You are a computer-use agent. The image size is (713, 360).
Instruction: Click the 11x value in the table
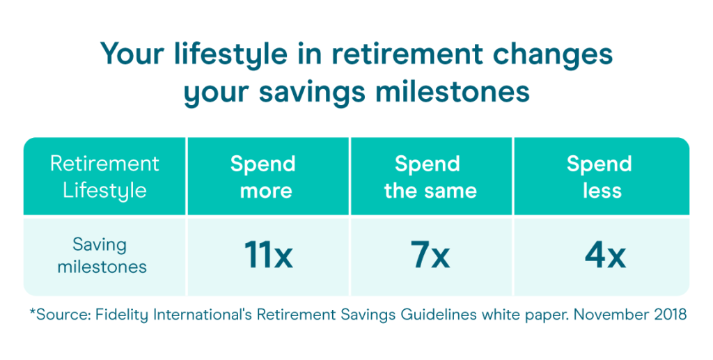coord(268,255)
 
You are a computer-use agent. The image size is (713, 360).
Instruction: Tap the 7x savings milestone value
coord(430,255)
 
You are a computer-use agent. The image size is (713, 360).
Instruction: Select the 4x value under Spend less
coord(605,255)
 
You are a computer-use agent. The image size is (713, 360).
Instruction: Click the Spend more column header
coord(263,178)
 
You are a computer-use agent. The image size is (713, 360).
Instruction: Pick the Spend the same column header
coord(430,178)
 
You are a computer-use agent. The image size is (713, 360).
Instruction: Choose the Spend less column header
coord(600,178)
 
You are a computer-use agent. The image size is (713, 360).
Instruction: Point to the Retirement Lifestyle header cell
coord(104,178)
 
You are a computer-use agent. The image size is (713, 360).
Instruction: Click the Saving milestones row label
coord(102,255)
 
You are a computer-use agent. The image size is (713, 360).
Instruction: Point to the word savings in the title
coord(313,93)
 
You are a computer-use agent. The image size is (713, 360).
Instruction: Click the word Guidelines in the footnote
coord(439,315)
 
